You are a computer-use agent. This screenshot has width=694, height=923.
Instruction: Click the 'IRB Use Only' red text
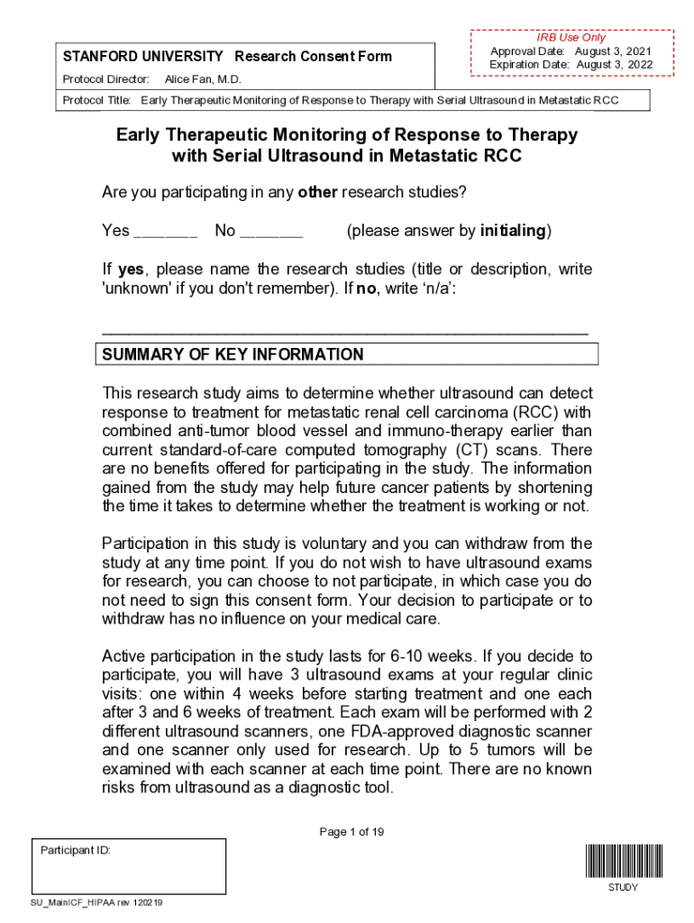[x=571, y=38]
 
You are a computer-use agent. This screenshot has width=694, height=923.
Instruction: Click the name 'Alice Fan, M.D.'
[x=203, y=80]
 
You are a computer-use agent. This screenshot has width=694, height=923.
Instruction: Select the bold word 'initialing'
[x=513, y=231]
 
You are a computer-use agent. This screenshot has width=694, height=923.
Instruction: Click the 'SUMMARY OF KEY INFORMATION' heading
[x=233, y=354]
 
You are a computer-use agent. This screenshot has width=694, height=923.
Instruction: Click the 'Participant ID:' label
[x=76, y=850]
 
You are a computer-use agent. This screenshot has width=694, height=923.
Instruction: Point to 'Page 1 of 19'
[x=352, y=832]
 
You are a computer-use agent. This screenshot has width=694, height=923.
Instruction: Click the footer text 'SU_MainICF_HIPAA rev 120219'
[x=96, y=902]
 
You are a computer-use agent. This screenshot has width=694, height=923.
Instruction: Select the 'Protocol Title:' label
[x=97, y=99]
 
